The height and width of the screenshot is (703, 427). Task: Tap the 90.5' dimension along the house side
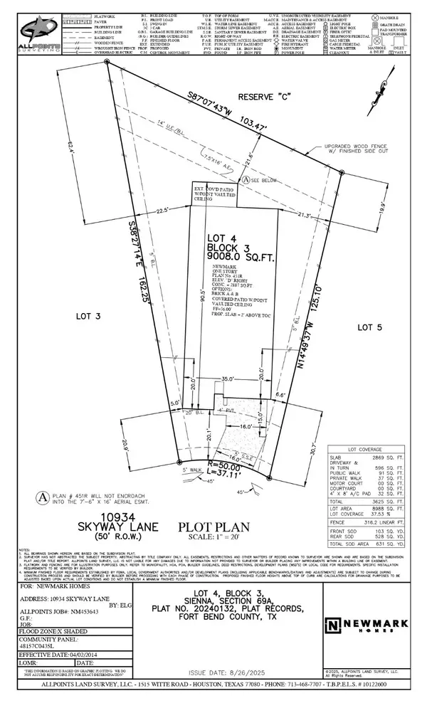[184, 295]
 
